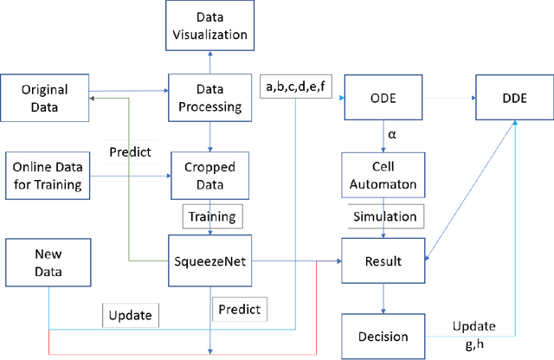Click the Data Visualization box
209,27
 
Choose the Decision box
383,336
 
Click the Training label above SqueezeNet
209,215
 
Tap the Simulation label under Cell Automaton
383,215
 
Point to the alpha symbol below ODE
391,134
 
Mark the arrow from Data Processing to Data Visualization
209,61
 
